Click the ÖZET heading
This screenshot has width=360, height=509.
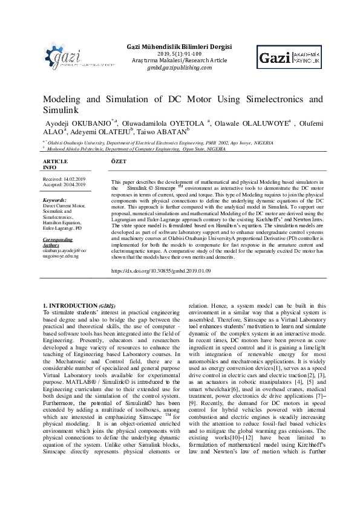(119, 162)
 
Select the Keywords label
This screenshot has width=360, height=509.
(55, 199)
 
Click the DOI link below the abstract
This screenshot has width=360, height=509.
(162, 271)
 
